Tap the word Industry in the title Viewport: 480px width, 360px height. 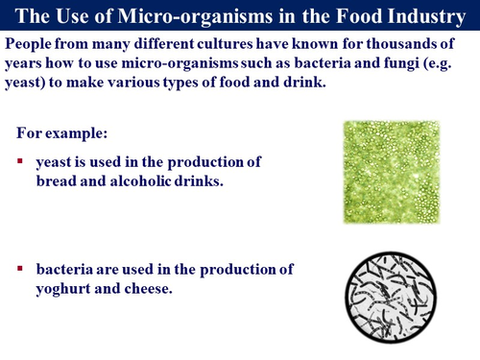[425, 15]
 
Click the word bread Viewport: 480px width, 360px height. [59, 180]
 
